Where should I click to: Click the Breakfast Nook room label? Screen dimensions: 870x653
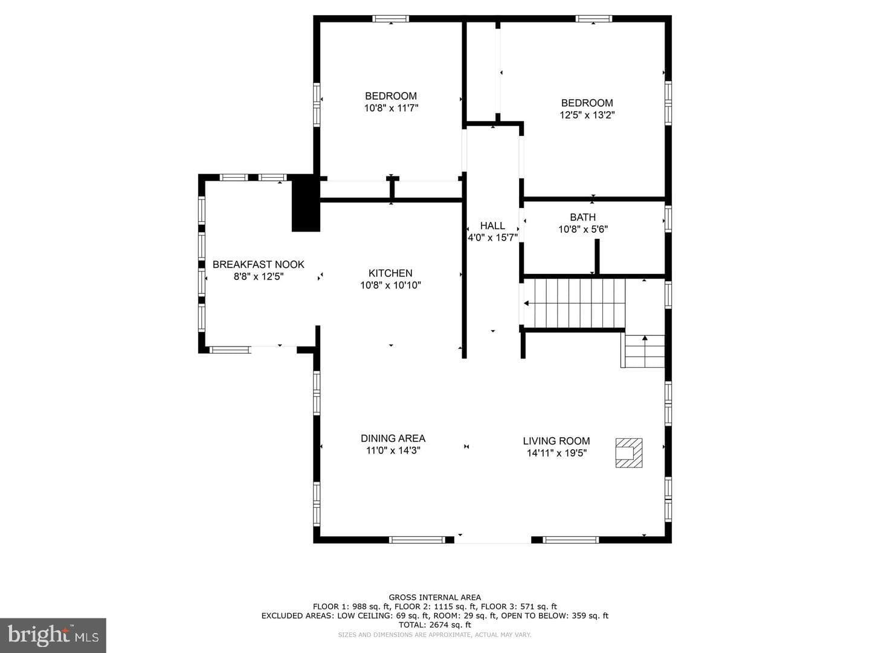pos(259,264)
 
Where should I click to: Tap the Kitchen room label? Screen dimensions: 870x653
pos(390,273)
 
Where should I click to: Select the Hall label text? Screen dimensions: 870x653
pos(492,226)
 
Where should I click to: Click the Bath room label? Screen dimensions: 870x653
pos(582,217)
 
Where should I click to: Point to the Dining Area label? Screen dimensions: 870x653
pos(393,438)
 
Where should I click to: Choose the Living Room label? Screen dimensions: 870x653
pos(556,441)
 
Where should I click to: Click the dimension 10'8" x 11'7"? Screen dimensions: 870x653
pos(391,108)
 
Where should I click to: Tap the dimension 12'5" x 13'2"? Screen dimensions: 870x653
pos(587,115)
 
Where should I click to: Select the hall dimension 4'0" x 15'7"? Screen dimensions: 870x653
pos(492,238)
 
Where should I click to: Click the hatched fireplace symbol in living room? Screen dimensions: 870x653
pos(628,453)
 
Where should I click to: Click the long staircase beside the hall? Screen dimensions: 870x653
pos(575,304)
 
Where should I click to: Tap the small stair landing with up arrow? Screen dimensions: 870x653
pos(642,351)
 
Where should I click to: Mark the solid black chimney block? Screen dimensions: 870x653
pos(306,203)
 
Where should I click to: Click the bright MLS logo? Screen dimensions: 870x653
pos(53,635)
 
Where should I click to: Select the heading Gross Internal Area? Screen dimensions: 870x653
pos(435,597)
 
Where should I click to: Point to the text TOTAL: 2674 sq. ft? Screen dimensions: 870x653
pos(435,625)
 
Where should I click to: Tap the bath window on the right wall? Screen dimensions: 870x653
pos(668,219)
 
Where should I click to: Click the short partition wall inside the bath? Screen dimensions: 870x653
pos(597,256)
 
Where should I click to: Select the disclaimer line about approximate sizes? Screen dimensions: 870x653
pos(434,635)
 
